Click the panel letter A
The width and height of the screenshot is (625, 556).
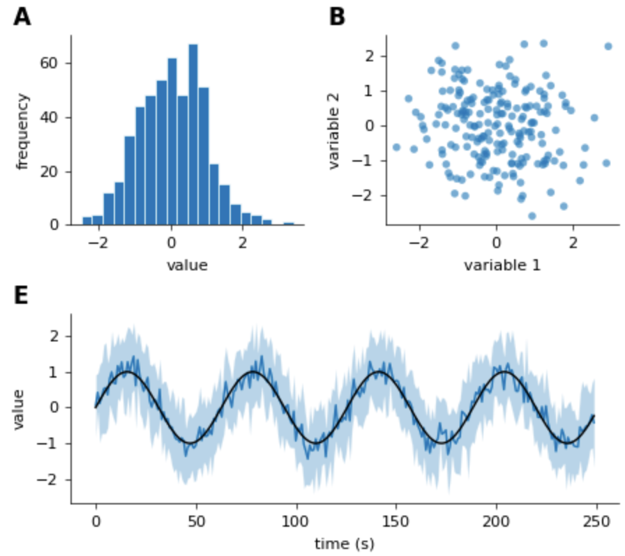coord(22,17)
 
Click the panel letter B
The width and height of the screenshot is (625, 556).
coord(337,17)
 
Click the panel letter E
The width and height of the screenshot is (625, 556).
coord(22,295)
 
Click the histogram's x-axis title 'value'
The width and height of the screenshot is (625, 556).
coord(187,265)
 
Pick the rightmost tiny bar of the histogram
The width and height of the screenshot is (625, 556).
coord(288,224)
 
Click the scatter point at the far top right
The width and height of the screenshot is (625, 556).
coord(608,46)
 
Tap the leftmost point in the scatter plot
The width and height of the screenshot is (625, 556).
coord(396,147)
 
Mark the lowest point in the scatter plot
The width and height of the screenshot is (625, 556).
coord(532,216)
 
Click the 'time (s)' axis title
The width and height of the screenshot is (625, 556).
coord(344,543)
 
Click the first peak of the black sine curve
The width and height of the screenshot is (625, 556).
coord(127,371)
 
